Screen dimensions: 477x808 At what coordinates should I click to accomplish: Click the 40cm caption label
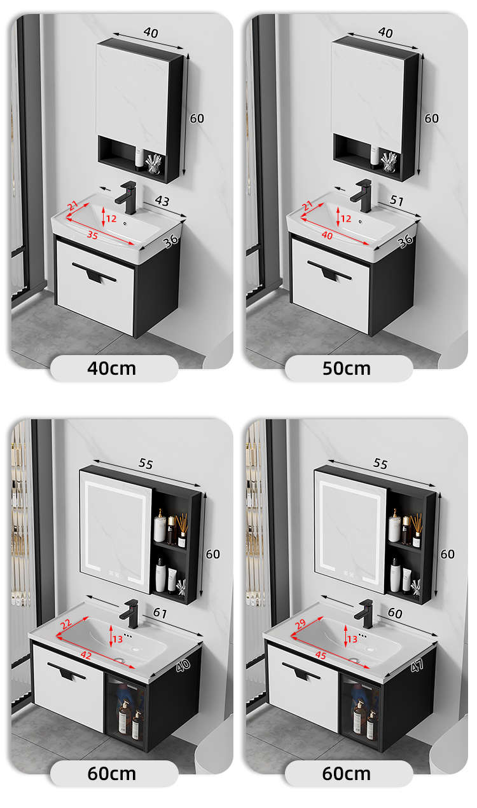click(x=111, y=368)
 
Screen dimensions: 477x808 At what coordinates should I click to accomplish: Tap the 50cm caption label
click(x=346, y=368)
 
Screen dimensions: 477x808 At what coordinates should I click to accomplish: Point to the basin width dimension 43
click(x=162, y=201)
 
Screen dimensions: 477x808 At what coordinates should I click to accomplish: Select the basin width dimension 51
click(x=396, y=200)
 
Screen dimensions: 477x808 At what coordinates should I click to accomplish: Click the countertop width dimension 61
click(x=160, y=613)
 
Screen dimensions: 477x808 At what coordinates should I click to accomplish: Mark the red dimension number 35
click(x=92, y=235)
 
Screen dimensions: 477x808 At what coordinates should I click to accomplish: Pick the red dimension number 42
click(x=86, y=655)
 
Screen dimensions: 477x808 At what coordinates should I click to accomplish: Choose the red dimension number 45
click(x=321, y=655)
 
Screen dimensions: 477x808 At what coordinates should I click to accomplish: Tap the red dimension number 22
click(x=66, y=624)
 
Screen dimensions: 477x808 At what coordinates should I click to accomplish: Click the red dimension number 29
click(x=300, y=624)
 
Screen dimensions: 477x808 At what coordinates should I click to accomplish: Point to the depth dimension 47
click(x=417, y=666)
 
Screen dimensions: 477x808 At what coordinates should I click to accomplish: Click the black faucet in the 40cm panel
click(x=127, y=198)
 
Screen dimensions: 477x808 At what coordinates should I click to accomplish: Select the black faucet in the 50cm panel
click(x=362, y=196)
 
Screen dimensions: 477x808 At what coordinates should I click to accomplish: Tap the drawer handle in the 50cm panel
click(x=329, y=271)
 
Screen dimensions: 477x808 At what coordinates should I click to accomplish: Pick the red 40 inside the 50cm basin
click(x=327, y=235)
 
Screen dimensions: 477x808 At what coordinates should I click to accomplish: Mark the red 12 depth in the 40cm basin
click(x=111, y=219)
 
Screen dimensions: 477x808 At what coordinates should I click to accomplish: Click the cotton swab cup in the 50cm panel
click(x=389, y=162)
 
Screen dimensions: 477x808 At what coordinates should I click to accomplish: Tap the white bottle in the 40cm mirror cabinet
click(x=139, y=158)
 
